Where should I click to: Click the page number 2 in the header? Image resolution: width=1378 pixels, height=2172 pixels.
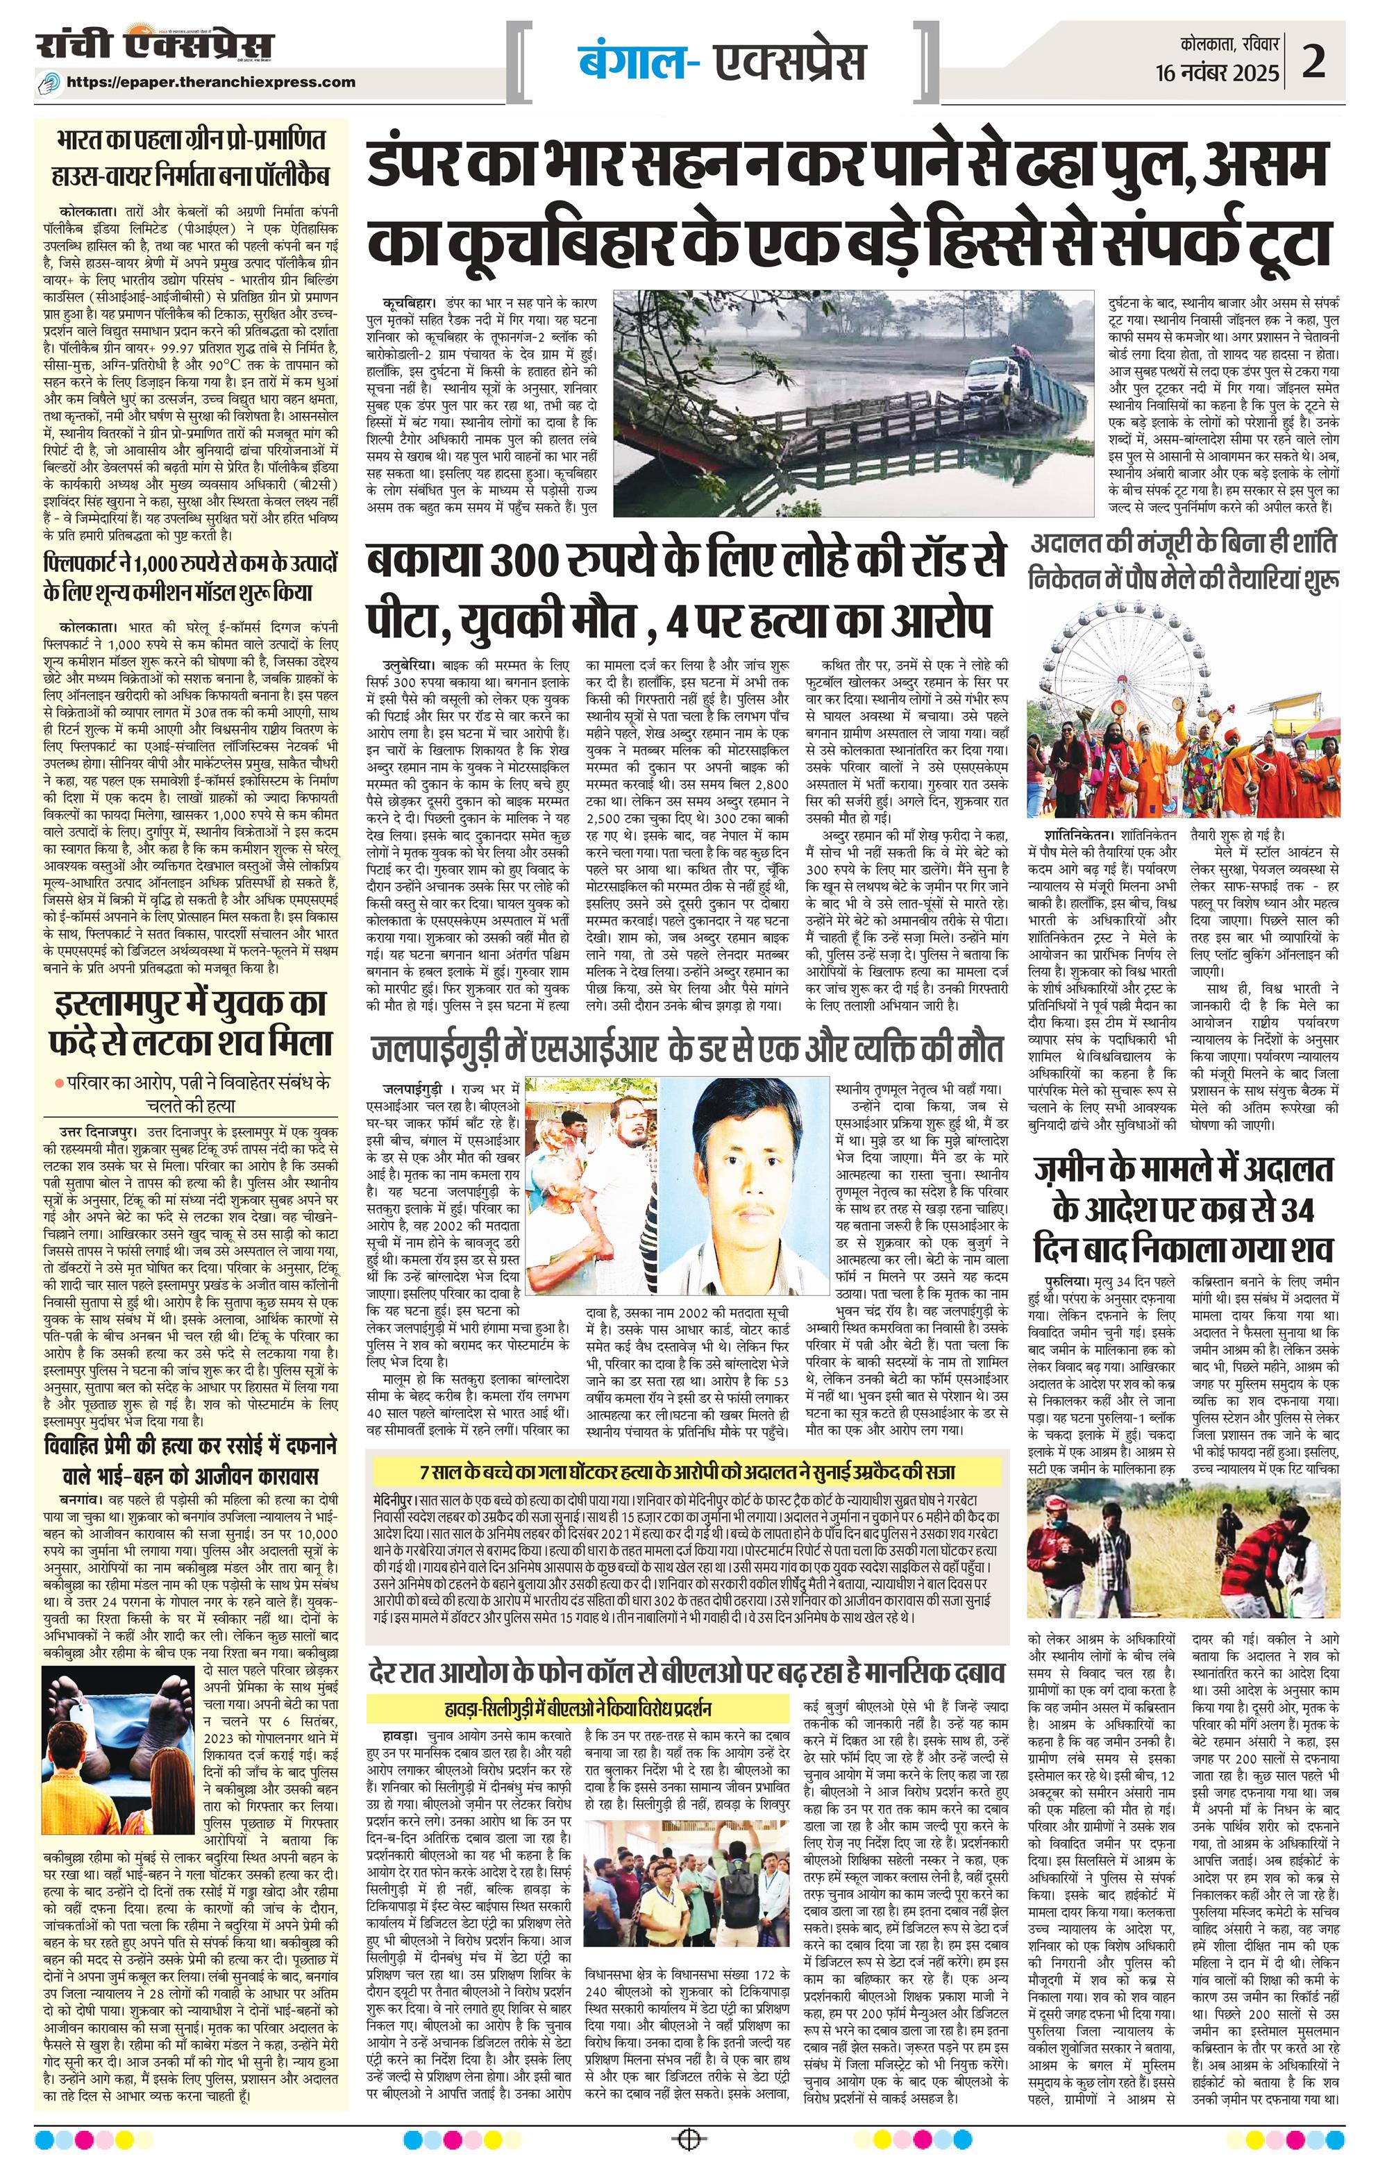(x=1314, y=63)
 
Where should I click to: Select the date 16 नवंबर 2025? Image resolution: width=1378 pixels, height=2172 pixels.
(x=1218, y=73)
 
